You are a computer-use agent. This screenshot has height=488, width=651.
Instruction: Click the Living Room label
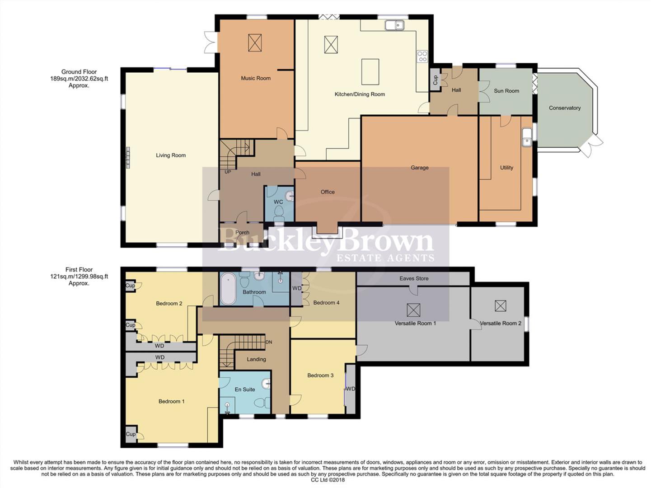pyautogui.click(x=171, y=155)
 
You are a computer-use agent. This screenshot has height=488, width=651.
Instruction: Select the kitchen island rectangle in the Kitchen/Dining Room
pyautogui.click(x=370, y=71)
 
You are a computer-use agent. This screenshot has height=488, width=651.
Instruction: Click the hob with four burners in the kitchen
pyautogui.click(x=422, y=56)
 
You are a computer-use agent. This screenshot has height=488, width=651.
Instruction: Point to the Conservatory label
pyautogui.click(x=565, y=108)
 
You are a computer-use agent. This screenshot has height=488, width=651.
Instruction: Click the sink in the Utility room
pyautogui.click(x=526, y=137)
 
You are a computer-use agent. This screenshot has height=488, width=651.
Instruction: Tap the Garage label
pyautogui.click(x=419, y=168)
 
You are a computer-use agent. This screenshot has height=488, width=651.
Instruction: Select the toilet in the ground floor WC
pyautogui.click(x=279, y=212)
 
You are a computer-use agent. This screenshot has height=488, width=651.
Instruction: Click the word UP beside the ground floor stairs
pyautogui.click(x=228, y=172)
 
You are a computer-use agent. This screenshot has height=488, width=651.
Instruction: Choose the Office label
pyautogui.click(x=328, y=192)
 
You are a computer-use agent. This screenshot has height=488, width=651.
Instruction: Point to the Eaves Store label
pyautogui.click(x=414, y=278)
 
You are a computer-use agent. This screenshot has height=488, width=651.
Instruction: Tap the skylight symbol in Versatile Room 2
pyautogui.click(x=500, y=306)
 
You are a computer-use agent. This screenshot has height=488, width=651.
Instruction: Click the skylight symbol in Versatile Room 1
pyautogui.click(x=413, y=310)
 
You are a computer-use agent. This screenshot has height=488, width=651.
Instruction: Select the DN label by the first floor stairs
pyautogui.click(x=269, y=343)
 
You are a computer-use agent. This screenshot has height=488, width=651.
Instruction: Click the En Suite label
pyautogui.click(x=245, y=389)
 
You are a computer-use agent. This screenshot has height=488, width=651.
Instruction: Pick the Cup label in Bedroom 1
pyautogui.click(x=130, y=434)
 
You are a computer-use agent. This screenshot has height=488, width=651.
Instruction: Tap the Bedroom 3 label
pyautogui.click(x=320, y=375)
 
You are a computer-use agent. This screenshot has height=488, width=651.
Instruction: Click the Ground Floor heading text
pyautogui.click(x=79, y=72)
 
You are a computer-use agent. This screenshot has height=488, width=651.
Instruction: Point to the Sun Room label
pyautogui.click(x=506, y=91)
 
